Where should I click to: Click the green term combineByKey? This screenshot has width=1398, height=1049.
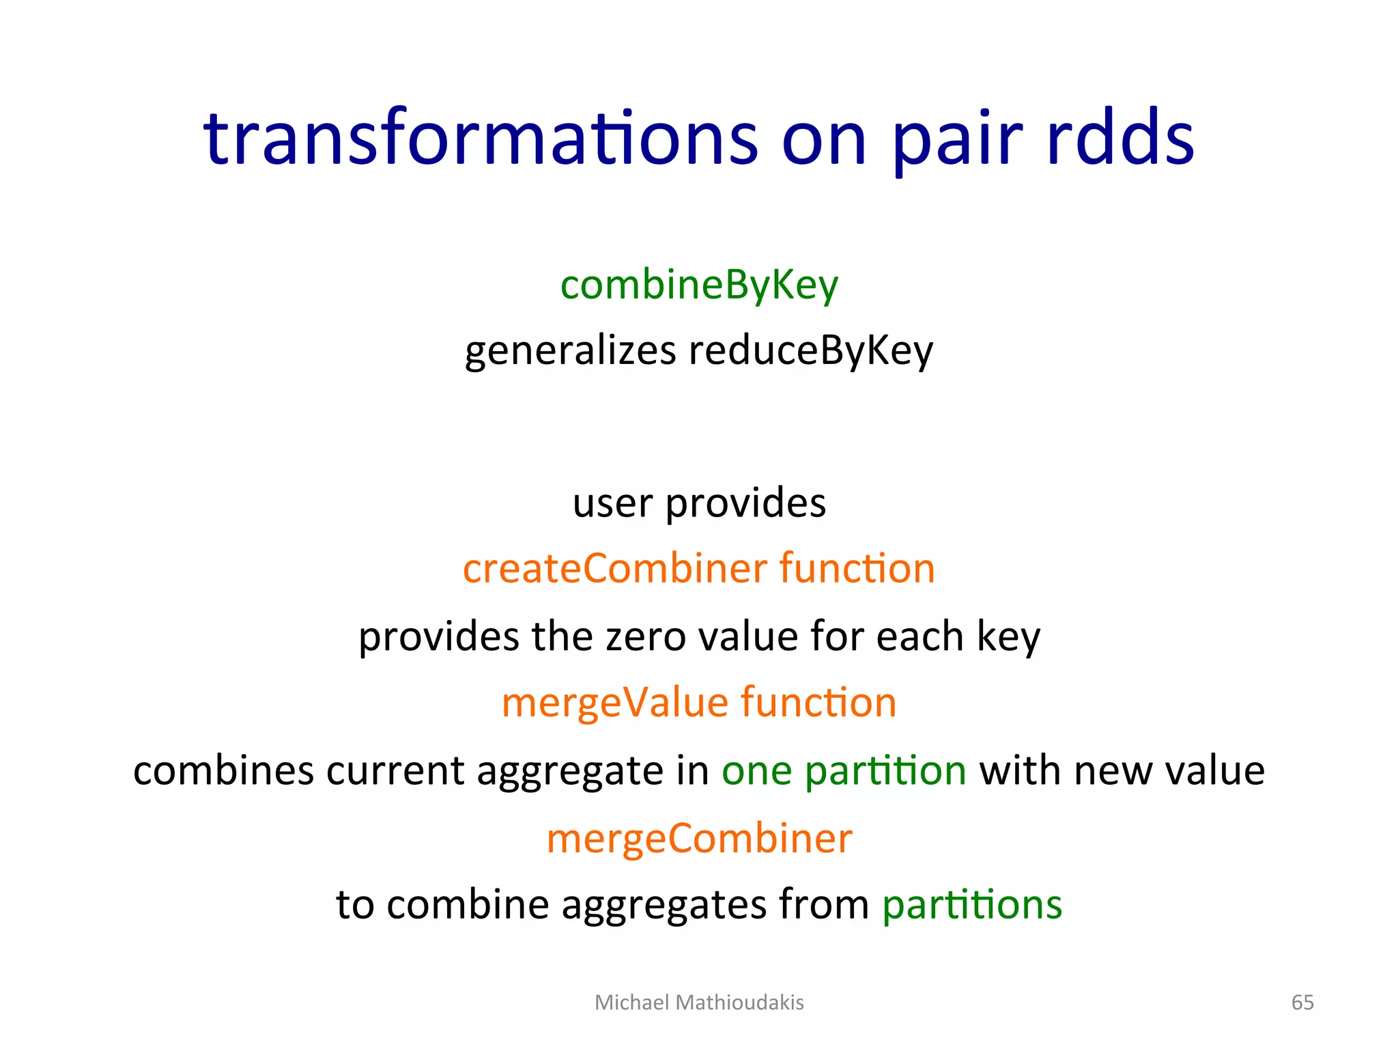pos(699,285)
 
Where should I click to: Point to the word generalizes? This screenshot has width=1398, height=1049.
pos(570,351)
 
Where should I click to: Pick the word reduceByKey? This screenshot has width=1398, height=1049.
pos(810,351)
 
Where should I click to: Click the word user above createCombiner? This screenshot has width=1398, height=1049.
pos(612,504)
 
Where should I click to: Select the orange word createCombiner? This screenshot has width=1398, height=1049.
pos(615,568)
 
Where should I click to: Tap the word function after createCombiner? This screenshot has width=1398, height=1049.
pos(857,568)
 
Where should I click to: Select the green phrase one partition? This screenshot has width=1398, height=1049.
pos(844,771)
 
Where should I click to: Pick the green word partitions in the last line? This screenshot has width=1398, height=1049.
pos(972,905)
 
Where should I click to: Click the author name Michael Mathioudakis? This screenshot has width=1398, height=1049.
pos(699,1003)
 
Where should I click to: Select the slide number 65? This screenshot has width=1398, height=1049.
pos(1302,1003)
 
